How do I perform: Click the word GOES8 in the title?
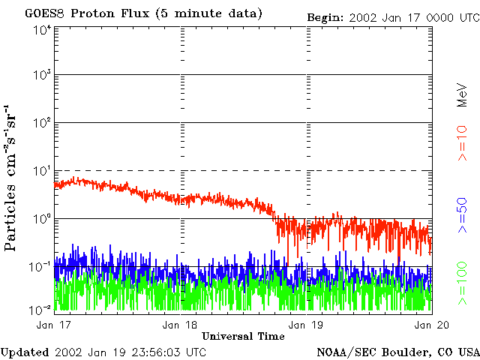point(43,13)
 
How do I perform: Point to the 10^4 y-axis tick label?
point(42,29)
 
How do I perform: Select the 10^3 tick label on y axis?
point(42,76)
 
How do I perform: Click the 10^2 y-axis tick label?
point(42,123)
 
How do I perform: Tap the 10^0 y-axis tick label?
point(42,219)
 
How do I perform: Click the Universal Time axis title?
point(243,336)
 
